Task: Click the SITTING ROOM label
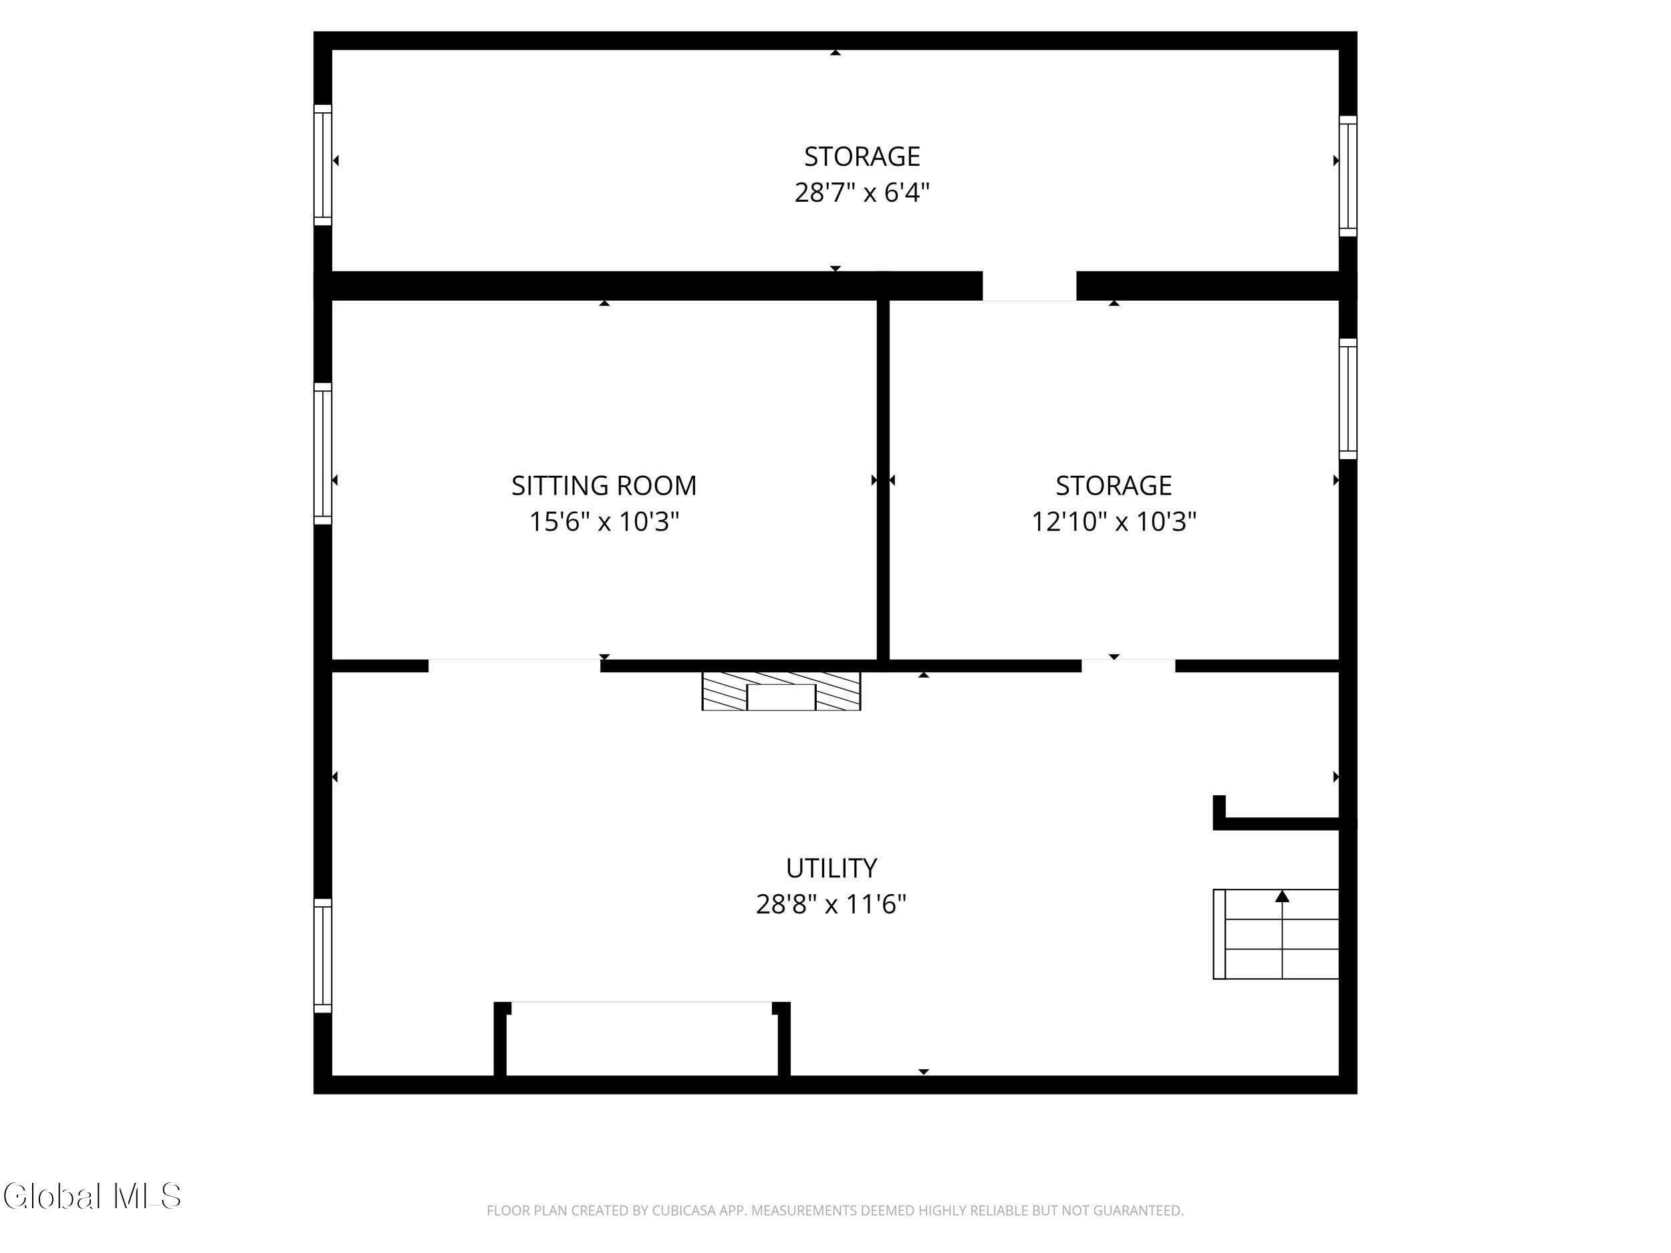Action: click(x=604, y=486)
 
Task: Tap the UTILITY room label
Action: click(x=831, y=868)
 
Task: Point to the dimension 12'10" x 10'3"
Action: click(x=1114, y=522)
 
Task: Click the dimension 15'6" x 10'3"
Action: click(x=604, y=522)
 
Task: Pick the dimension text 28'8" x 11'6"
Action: click(x=831, y=904)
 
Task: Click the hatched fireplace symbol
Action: click(x=781, y=691)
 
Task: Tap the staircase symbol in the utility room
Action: click(x=1276, y=934)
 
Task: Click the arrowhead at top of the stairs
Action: click(x=1282, y=897)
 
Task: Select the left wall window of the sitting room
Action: click(x=323, y=453)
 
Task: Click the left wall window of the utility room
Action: click(x=323, y=956)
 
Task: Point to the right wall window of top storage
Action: click(x=1347, y=176)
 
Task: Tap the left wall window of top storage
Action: click(x=323, y=164)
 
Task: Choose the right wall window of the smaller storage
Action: click(x=1347, y=399)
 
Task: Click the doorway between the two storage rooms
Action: click(x=1029, y=285)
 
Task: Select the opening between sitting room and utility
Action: click(x=515, y=666)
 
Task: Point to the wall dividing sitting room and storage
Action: click(x=882, y=480)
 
